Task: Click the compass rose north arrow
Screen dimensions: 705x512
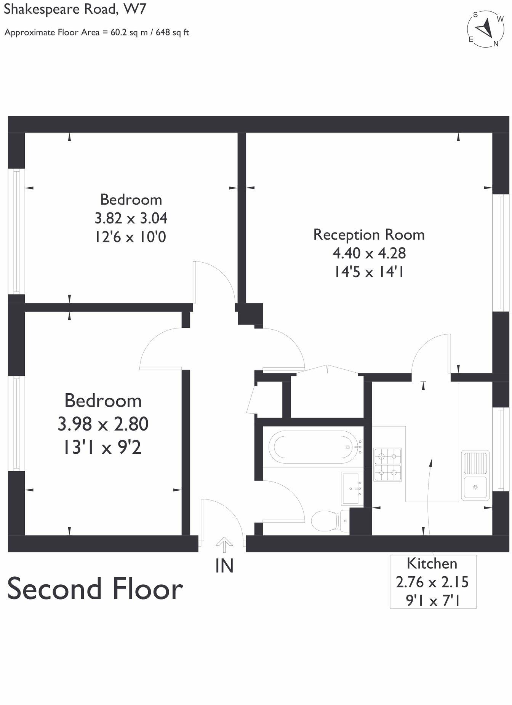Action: point(486,29)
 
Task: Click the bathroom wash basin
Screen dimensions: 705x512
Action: point(352,488)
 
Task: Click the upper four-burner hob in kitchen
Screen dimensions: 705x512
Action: point(388,456)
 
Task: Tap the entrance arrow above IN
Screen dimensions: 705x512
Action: point(224,545)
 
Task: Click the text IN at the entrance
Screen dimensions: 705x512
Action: point(224,566)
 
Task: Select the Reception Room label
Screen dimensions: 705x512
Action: point(369,234)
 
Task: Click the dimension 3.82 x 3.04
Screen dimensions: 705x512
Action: point(131,219)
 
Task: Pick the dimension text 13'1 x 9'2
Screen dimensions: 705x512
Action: point(102,447)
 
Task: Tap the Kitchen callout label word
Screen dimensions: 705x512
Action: point(432,563)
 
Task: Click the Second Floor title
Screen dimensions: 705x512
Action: point(95,589)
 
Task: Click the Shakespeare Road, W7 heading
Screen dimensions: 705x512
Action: point(75,9)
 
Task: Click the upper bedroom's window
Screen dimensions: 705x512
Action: point(16,231)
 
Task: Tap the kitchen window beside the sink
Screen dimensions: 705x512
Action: point(501,449)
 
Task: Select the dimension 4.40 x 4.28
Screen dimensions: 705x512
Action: point(369,253)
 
